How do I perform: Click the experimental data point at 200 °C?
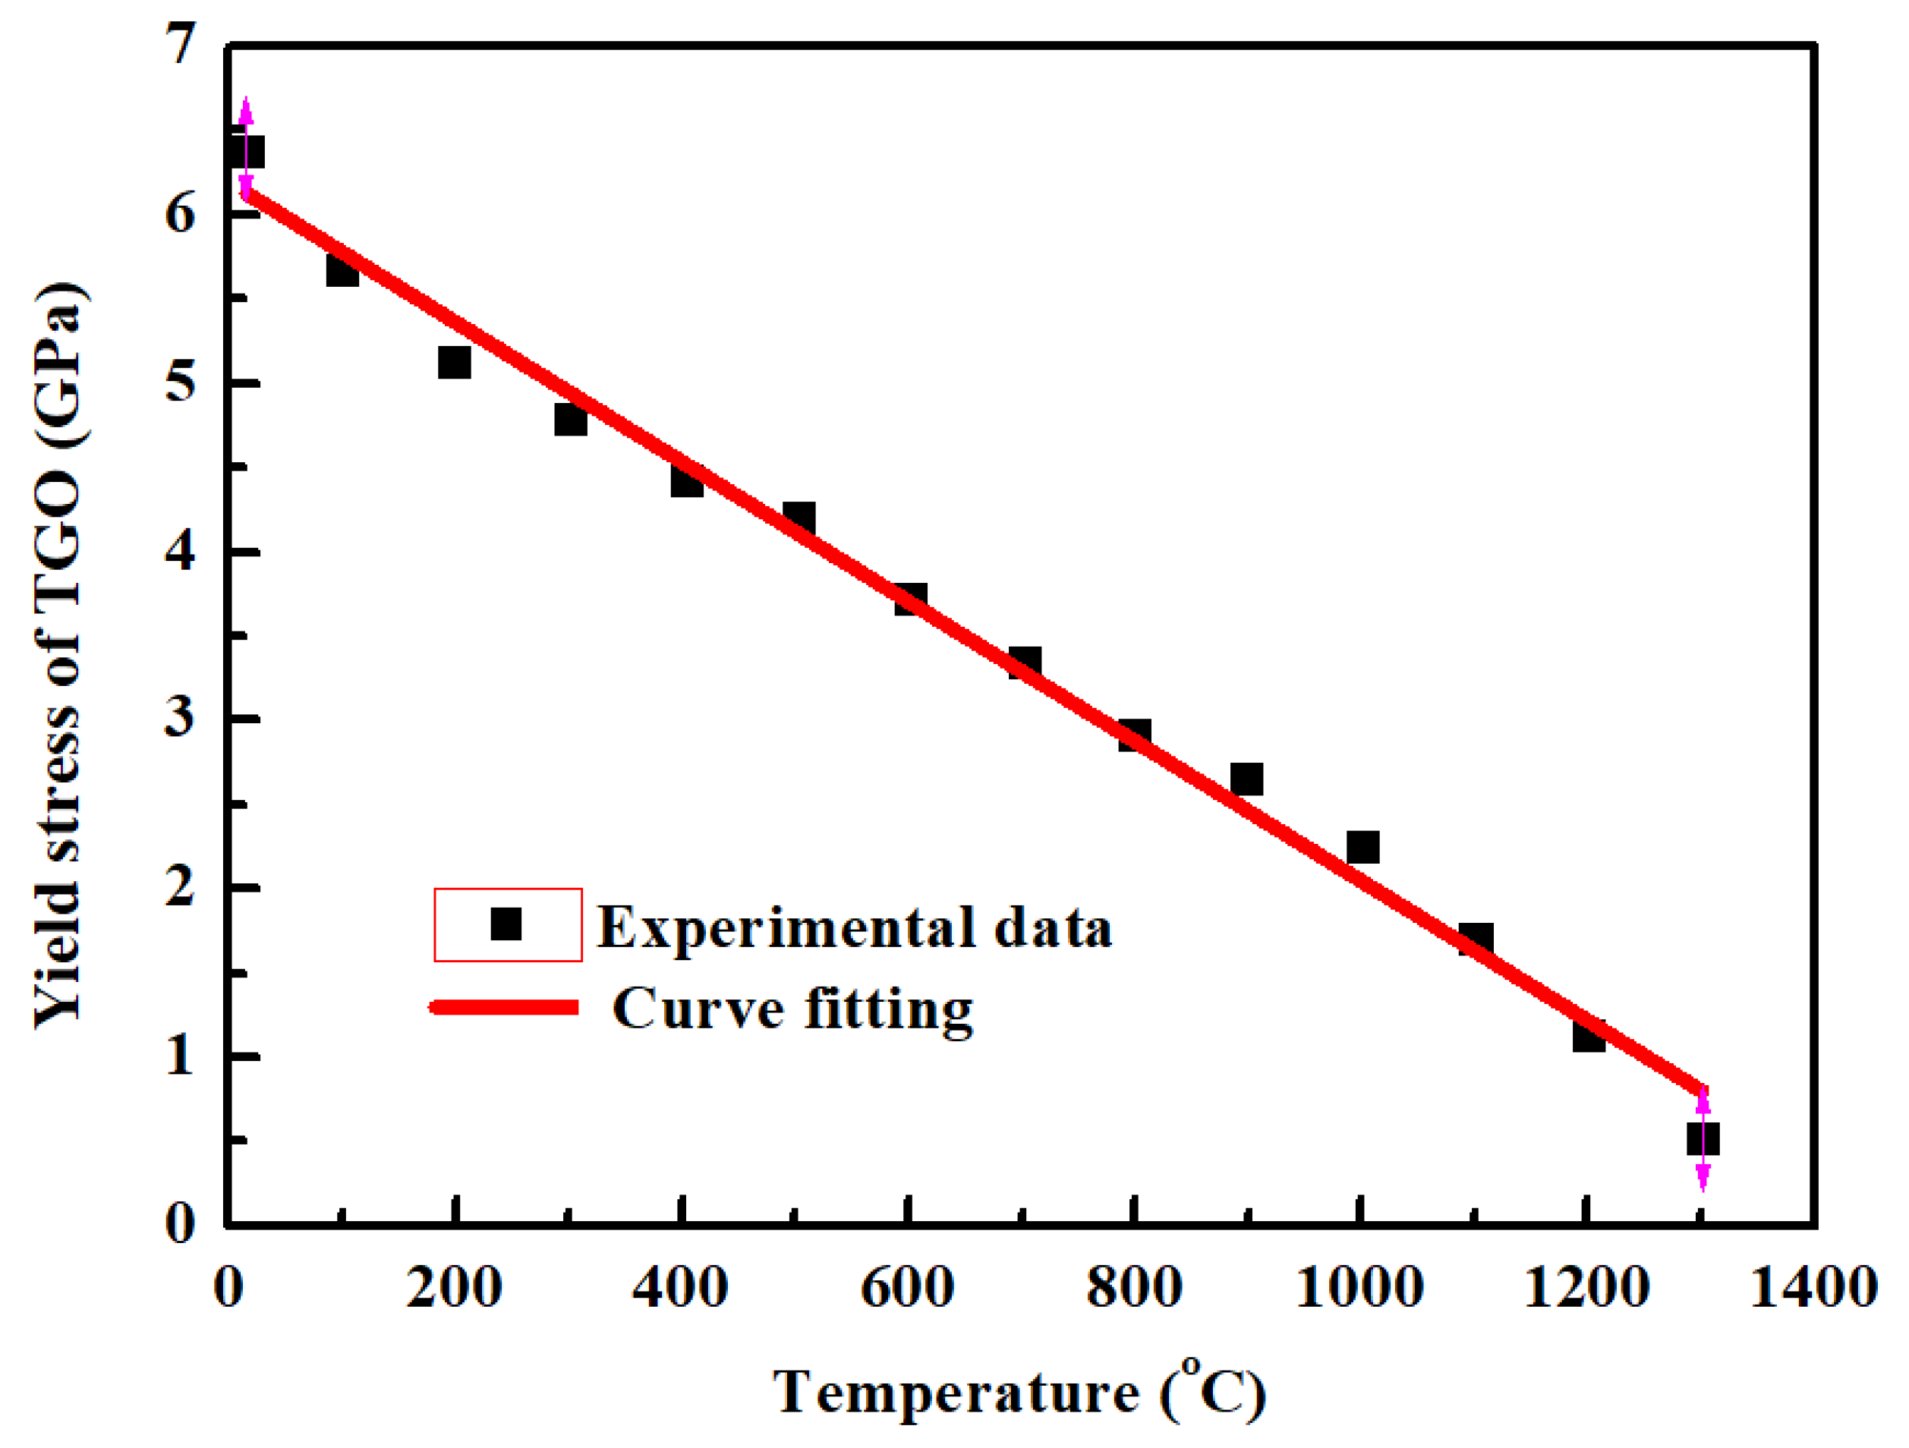tap(454, 363)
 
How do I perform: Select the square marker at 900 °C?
tap(1246, 779)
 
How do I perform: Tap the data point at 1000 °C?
tap(1362, 848)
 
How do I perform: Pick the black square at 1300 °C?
tap(1703, 1139)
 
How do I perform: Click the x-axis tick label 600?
tap(907, 1289)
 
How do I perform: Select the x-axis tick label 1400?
tap(1813, 1289)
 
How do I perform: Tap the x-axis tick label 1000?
tap(1360, 1289)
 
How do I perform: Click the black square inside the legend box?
tap(506, 924)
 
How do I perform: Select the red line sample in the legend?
tap(506, 1007)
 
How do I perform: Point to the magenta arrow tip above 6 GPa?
tap(246, 103)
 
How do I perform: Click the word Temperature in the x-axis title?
tap(956, 1392)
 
